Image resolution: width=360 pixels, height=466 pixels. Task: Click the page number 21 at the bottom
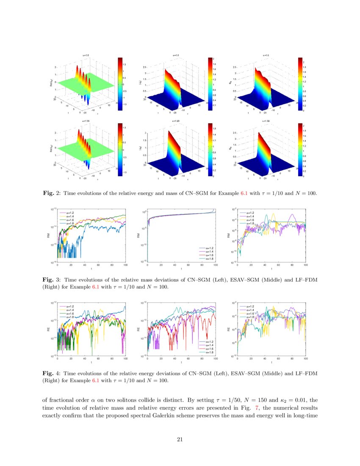tap(180, 439)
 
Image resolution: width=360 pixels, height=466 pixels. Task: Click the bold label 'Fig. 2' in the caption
tap(52, 194)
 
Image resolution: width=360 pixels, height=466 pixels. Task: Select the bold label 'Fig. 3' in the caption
tap(52, 280)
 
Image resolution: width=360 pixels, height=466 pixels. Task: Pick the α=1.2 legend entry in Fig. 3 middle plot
tap(209, 249)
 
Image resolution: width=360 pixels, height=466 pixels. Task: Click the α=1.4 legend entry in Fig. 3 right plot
tap(249, 216)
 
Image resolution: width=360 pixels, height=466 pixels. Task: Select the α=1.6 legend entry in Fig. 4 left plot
tap(69, 314)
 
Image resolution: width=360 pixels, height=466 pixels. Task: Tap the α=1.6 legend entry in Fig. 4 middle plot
tap(209, 349)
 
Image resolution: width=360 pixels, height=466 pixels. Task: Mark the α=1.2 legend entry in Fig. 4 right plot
tap(249, 306)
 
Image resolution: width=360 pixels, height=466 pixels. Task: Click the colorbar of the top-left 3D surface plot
tap(120, 84)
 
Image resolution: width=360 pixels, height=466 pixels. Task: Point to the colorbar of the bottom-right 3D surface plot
tap(300, 150)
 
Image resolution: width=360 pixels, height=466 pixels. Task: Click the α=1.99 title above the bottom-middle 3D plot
tap(176, 121)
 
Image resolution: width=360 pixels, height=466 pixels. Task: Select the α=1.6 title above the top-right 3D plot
tap(266, 55)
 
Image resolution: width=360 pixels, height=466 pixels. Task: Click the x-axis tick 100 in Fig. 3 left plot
tap(125, 265)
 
